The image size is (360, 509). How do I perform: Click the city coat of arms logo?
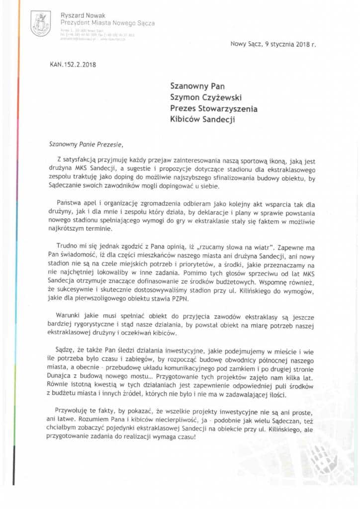tap(40, 24)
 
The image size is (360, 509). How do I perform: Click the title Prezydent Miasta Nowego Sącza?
tap(107, 23)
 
